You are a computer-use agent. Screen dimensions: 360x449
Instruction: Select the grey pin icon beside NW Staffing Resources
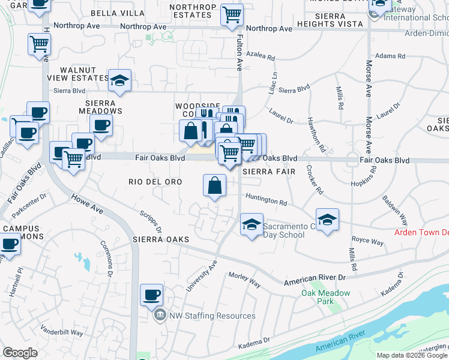(160, 315)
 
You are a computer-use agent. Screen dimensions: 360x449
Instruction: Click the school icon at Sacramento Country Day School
(252, 225)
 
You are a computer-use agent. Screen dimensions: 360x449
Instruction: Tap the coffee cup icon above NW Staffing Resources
(151, 295)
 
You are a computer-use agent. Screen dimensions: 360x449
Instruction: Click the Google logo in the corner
(20, 353)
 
